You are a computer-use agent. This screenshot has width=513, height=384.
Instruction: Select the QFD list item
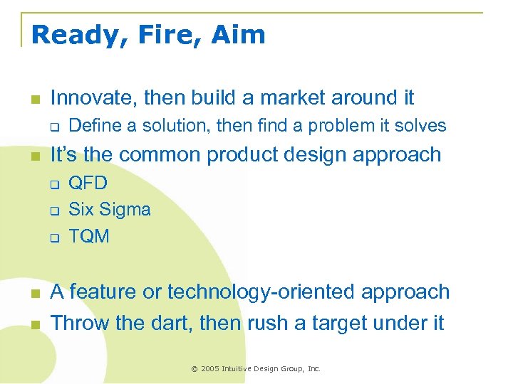click(x=88, y=183)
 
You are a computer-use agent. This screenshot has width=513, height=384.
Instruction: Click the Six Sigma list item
click(x=109, y=210)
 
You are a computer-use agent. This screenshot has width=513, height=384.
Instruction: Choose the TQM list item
click(x=89, y=236)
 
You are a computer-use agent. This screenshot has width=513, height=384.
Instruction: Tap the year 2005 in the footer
click(x=210, y=368)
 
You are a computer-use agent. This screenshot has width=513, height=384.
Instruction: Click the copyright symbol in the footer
click(x=195, y=368)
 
